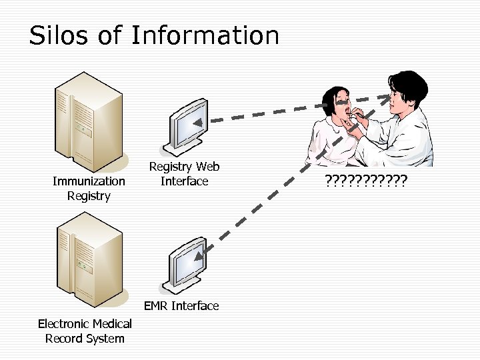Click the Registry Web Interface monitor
188,123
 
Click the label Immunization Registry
89,188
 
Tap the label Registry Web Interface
184,173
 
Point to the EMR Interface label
181,306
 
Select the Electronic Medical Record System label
85,331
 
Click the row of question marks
366,180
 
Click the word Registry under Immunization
89,196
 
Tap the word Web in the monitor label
206,166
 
